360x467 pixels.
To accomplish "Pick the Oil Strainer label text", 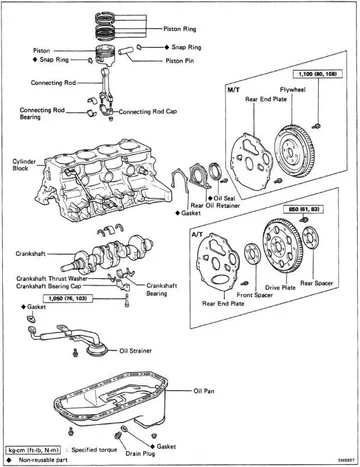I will point(140,352).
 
